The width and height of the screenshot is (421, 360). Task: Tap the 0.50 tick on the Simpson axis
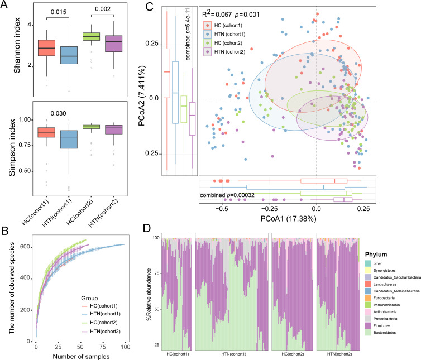(25, 171)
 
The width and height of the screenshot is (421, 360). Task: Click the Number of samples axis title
(80, 355)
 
